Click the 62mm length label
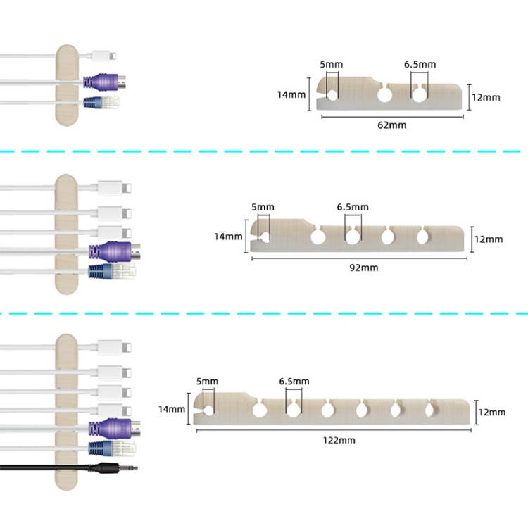392,125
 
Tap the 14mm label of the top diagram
291,94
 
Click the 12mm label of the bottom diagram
491,412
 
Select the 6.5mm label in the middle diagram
352,207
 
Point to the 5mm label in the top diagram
331,65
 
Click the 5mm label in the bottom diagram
207,382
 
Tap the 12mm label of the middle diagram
489,239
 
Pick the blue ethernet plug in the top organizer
101,102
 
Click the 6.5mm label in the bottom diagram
294,382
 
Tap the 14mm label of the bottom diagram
172,408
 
